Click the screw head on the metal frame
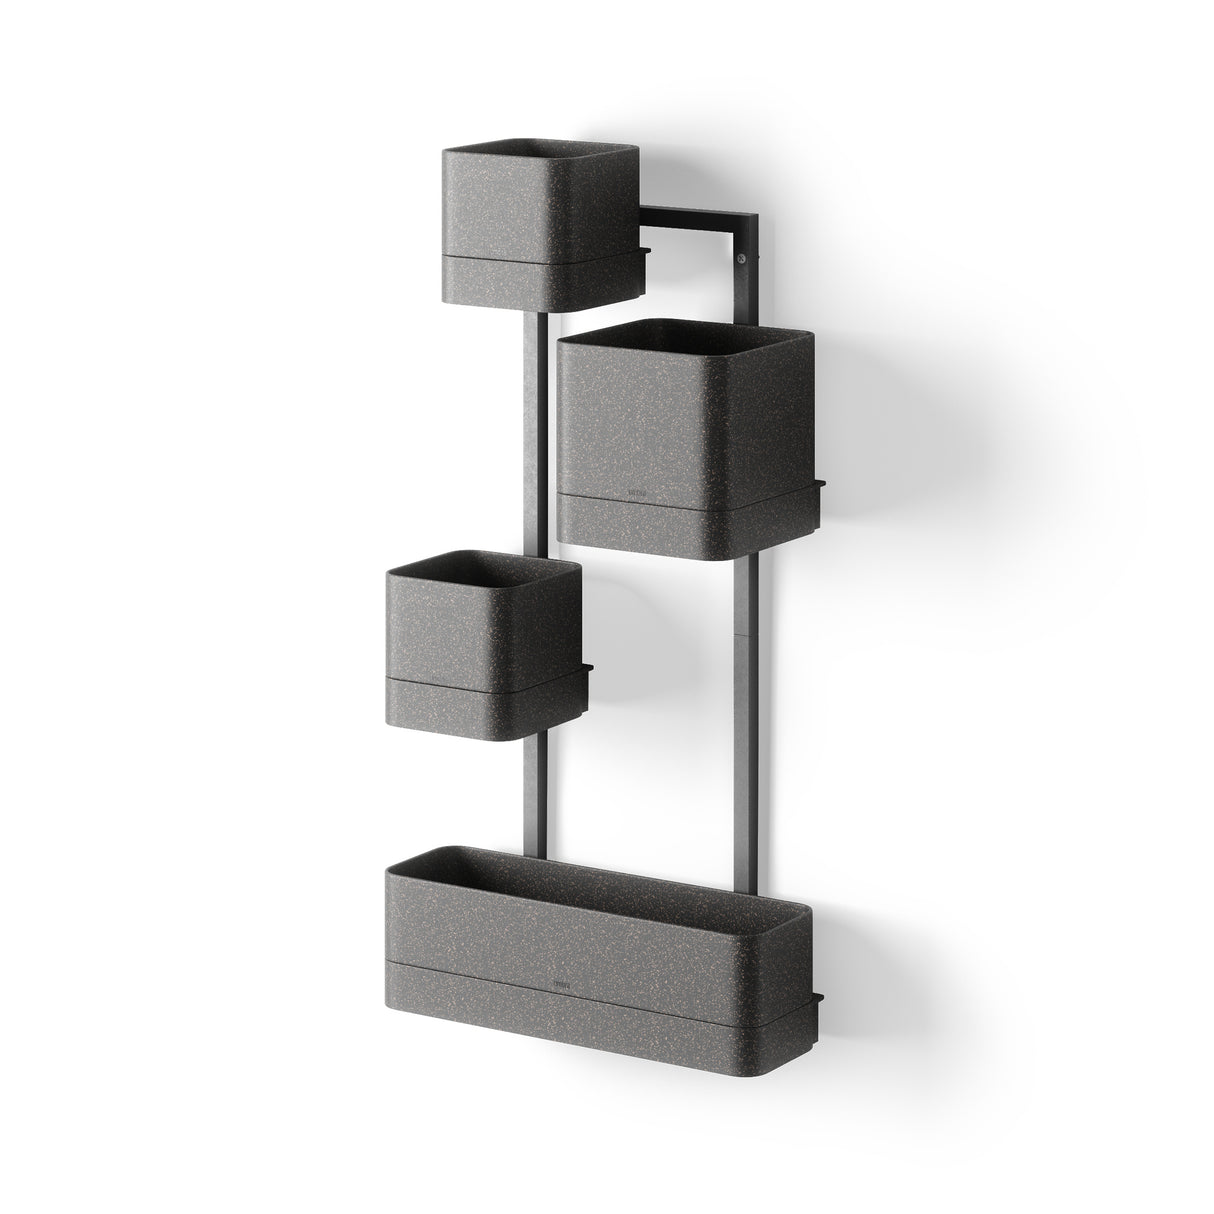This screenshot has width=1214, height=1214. [x=741, y=260]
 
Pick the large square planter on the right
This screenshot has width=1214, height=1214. [x=686, y=420]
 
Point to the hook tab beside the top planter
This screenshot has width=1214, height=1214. [x=645, y=249]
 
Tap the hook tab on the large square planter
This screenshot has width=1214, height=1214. [x=819, y=487]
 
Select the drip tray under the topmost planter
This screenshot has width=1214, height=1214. [x=540, y=285]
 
